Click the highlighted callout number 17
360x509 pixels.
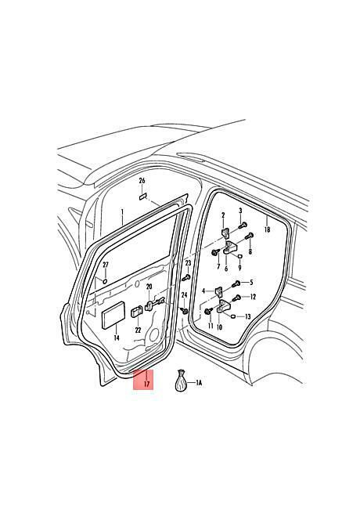[x=146, y=384]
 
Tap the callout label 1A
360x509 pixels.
[x=199, y=383]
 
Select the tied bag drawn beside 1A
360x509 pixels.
[x=181, y=381]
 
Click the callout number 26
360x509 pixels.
[x=142, y=181]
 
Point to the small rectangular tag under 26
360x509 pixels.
[x=142, y=197]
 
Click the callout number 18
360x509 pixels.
[x=267, y=229]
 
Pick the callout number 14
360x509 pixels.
[x=117, y=338]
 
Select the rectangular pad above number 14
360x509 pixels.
[x=113, y=316]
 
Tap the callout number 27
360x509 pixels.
[x=105, y=265]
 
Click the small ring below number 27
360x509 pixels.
[x=105, y=281]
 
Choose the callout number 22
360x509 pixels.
[x=139, y=330]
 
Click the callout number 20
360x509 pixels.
[x=149, y=287]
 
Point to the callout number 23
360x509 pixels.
[x=188, y=263]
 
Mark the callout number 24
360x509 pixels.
[x=184, y=295]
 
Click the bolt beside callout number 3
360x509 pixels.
[x=243, y=225]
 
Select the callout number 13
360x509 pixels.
[x=248, y=316]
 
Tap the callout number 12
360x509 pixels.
[x=253, y=297]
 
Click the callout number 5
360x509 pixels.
[x=251, y=283]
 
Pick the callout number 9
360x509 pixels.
[x=239, y=268]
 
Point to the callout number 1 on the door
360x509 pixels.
[x=122, y=213]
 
